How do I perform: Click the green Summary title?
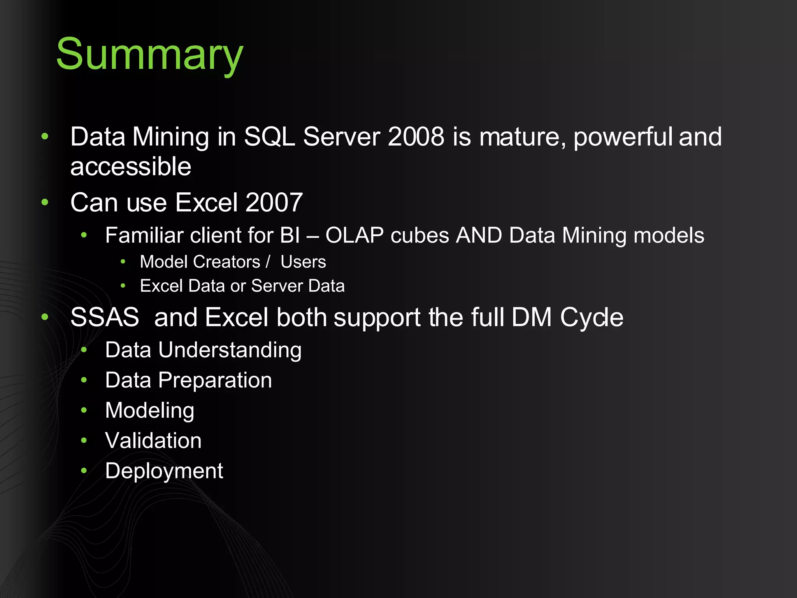[x=149, y=55]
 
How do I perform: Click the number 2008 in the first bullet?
[x=416, y=137]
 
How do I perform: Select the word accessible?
[x=131, y=167]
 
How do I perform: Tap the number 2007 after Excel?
[x=274, y=202]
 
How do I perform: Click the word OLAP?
[x=355, y=236]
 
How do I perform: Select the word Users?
[x=303, y=262]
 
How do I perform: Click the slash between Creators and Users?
[x=268, y=262]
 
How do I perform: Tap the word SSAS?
[x=105, y=317]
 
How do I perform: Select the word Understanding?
[x=230, y=350]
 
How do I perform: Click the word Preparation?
[x=215, y=380]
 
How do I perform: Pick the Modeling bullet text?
[x=149, y=411]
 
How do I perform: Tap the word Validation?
[x=153, y=441]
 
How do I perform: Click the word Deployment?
[x=164, y=471]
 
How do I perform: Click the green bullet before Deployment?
[x=84, y=471]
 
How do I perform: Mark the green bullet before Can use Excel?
[x=45, y=202]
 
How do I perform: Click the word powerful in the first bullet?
[x=623, y=137]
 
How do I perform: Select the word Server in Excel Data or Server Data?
[x=277, y=286]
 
